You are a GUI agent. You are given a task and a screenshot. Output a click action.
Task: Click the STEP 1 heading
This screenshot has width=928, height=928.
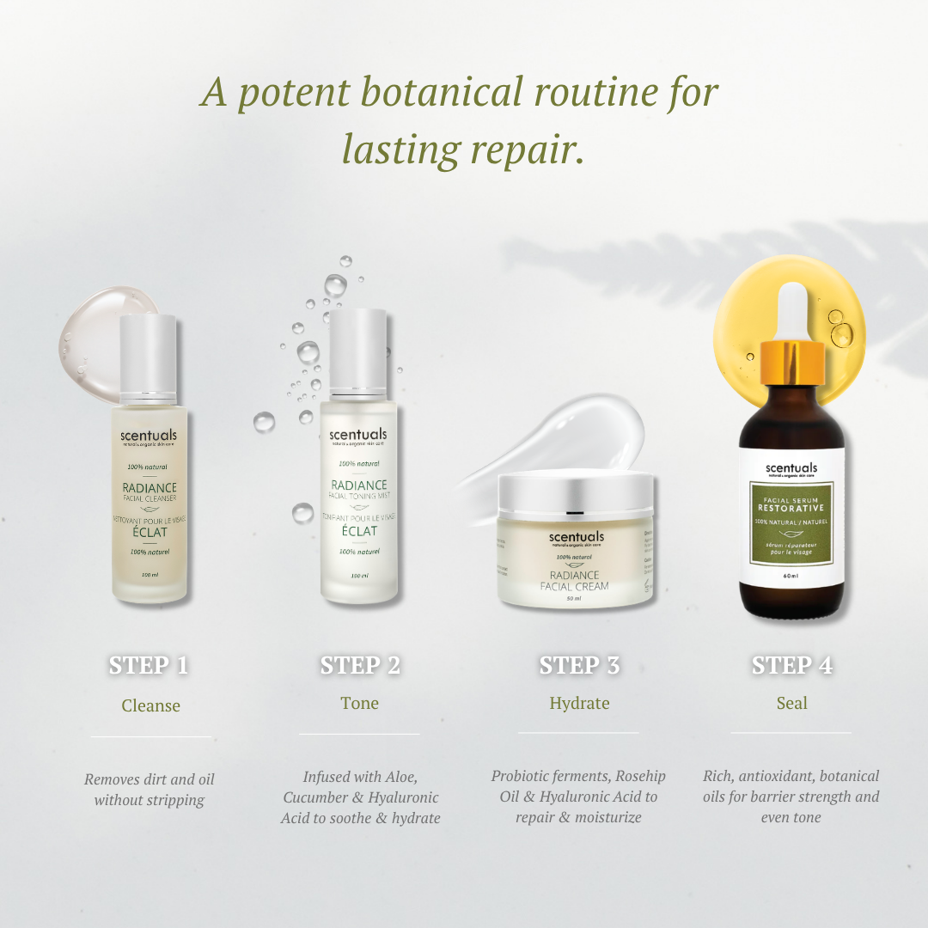(149, 665)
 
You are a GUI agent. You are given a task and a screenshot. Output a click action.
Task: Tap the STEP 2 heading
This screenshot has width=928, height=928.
(360, 665)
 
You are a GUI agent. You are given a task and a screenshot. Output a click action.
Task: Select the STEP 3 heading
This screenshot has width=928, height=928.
(579, 665)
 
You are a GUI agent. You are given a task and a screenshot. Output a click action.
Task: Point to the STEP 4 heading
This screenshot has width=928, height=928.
(791, 665)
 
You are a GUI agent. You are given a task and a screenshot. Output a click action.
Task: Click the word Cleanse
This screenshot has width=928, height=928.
(150, 705)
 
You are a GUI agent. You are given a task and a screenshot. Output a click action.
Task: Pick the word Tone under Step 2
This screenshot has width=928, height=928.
(359, 703)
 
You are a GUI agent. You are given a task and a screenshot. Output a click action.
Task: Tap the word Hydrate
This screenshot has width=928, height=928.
(579, 703)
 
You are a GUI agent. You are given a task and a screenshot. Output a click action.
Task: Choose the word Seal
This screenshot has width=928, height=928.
(791, 703)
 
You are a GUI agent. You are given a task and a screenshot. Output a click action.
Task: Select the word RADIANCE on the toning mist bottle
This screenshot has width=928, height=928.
(359, 485)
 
